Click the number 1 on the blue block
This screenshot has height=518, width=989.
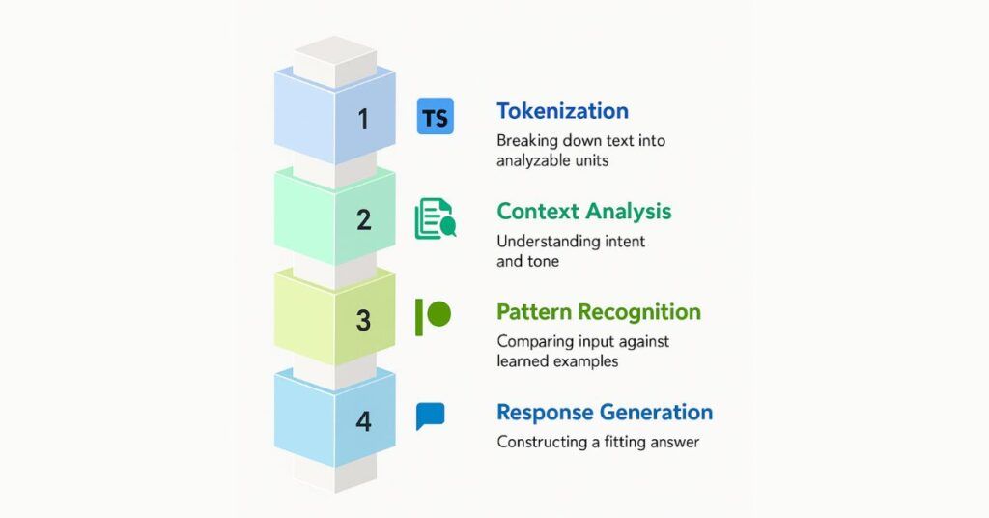tap(363, 119)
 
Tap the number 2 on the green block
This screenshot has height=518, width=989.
tap(363, 219)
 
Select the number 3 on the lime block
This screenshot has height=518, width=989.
tap(363, 320)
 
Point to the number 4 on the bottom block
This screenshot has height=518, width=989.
tap(363, 421)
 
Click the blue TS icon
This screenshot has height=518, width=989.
tap(436, 118)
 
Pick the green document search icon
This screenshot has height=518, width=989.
tap(435, 218)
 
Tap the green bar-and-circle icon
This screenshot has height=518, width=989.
tap(433, 316)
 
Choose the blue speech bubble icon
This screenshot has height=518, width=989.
tap(431, 417)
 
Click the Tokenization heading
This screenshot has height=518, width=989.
tap(562, 111)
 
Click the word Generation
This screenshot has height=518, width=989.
tap(656, 413)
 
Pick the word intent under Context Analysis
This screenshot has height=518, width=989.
tap(622, 241)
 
